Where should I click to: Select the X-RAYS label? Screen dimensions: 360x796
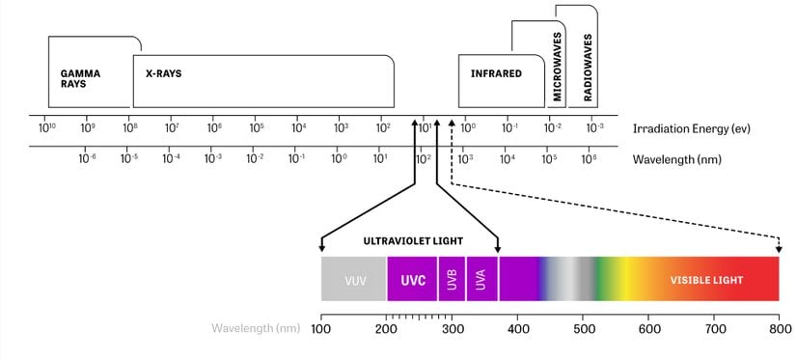(157, 72)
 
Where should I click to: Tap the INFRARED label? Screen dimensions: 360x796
(496, 72)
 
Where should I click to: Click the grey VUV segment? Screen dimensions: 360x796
(354, 280)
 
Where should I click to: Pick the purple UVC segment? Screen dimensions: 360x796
(413, 280)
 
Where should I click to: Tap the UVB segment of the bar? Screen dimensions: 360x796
(452, 280)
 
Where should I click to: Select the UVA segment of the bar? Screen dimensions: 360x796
(480, 280)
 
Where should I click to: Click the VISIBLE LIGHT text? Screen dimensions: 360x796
(707, 280)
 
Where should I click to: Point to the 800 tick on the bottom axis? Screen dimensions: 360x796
(778, 329)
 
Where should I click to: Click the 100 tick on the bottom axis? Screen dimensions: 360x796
(321, 329)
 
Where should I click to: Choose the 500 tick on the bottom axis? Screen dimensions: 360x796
(584, 329)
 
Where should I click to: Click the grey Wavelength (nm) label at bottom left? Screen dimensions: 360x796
(256, 329)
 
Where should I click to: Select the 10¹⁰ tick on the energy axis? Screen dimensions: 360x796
(45, 127)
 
